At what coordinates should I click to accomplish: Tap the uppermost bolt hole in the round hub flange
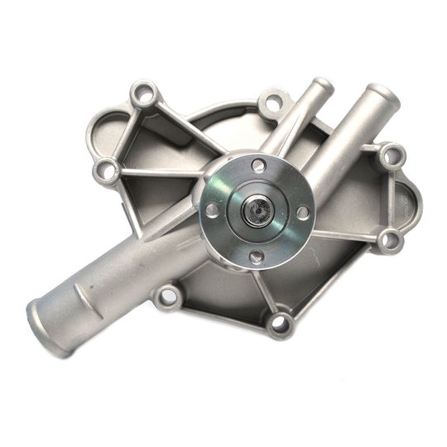click(x=258, y=166)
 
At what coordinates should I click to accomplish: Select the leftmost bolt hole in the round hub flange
click(x=213, y=209)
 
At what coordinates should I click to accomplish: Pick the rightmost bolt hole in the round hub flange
click(x=303, y=212)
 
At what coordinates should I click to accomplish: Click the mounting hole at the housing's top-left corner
click(x=144, y=95)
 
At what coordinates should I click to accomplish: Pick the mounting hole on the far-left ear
click(x=105, y=171)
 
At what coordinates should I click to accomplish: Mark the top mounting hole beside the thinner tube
click(x=274, y=106)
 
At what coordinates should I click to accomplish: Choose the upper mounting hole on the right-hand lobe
click(x=392, y=155)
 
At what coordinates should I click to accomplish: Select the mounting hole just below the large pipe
click(x=168, y=296)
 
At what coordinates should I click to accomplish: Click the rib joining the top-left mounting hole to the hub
click(x=186, y=128)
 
